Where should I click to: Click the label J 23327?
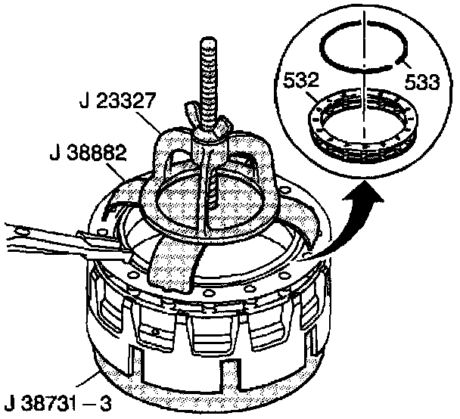(117, 101)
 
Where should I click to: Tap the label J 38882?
(88, 153)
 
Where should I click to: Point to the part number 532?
(300, 80)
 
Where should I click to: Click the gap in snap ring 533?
(363, 23)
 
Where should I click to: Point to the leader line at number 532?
(312, 97)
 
